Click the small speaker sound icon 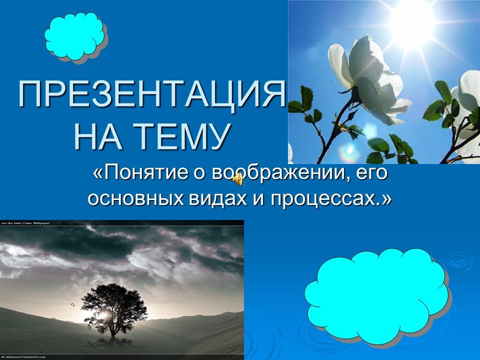(x=239, y=178)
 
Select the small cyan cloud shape (x=75, y=36)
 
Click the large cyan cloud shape (x=376, y=295)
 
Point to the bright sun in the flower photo (x=413, y=20)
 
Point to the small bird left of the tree (x=72, y=303)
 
